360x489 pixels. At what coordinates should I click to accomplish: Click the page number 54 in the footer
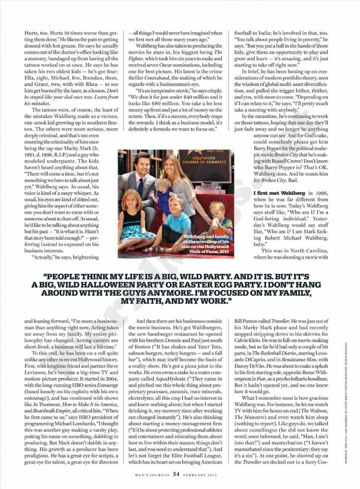(x=176, y=474)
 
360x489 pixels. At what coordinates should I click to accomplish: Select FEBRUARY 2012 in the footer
(x=199, y=475)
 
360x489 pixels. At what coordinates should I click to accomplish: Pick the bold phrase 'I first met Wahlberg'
(x=276, y=193)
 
